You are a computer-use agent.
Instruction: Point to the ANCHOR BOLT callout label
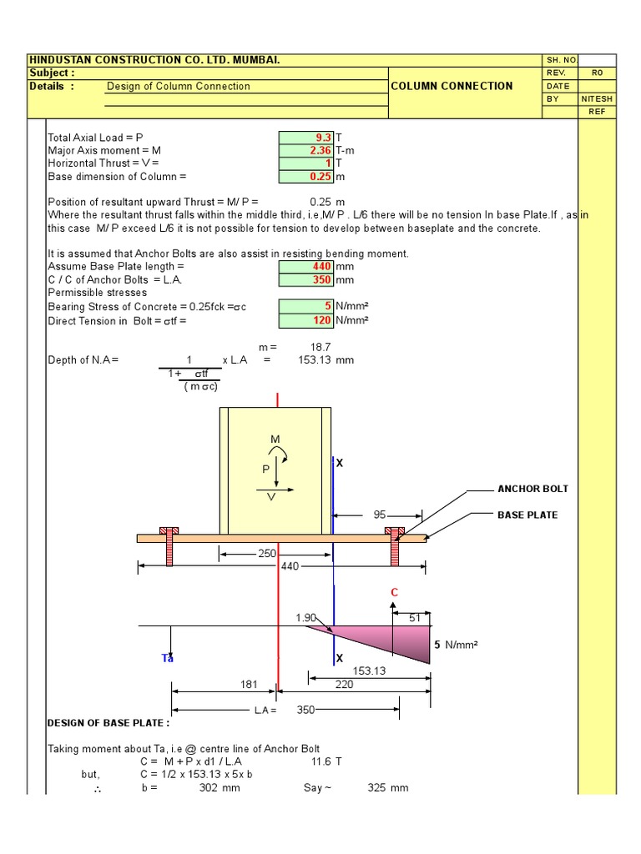(532, 489)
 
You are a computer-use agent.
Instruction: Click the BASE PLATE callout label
(527, 515)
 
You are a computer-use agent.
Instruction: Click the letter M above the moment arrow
(275, 440)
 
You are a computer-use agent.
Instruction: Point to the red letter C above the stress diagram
(395, 593)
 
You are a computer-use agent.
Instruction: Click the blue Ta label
(167, 658)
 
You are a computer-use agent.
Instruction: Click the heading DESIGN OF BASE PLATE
(109, 723)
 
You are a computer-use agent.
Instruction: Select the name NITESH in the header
(597, 98)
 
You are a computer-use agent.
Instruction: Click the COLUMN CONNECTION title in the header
(452, 86)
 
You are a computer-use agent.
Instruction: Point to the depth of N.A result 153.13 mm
(326, 360)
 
